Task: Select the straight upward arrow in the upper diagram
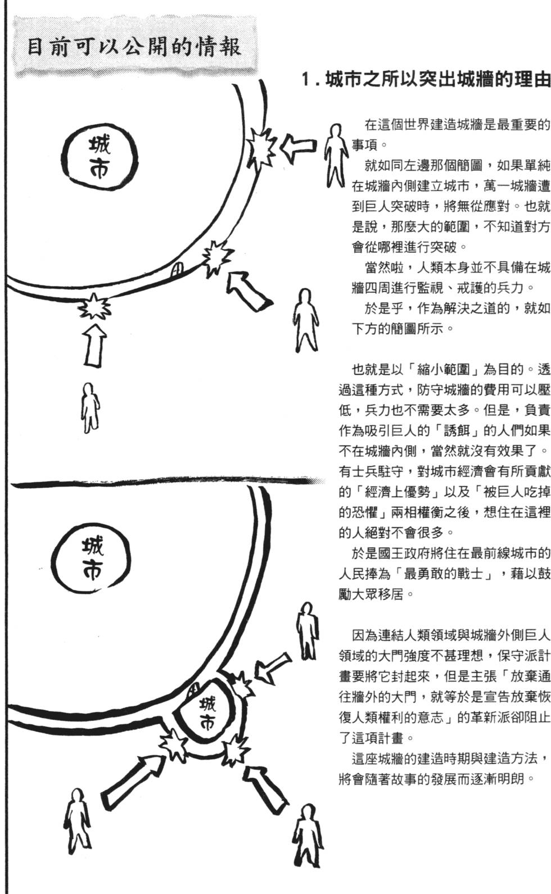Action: tap(94, 344)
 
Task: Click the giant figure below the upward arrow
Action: tap(90, 407)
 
